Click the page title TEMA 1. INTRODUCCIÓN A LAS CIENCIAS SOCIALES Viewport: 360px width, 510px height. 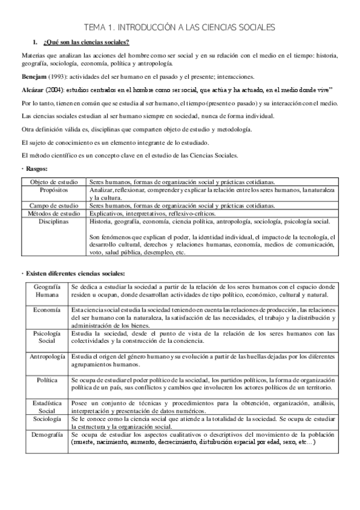(180, 27)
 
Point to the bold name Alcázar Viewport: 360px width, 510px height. (35, 89)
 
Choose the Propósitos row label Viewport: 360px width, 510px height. (55, 189)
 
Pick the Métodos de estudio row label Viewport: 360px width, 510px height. (55, 213)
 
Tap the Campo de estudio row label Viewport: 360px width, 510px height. (55, 205)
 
